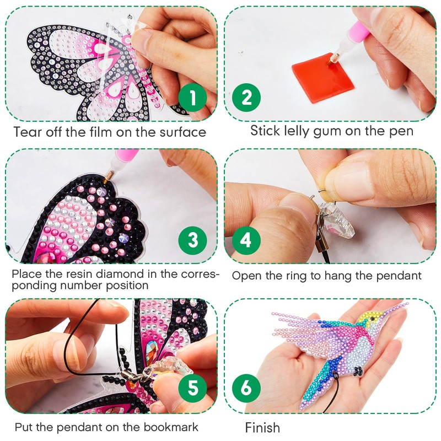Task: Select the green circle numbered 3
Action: point(192,240)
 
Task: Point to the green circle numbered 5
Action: point(192,388)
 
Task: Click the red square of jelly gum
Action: point(320,80)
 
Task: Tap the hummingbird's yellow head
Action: point(370,318)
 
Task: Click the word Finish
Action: point(262,427)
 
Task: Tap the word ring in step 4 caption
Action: point(317,275)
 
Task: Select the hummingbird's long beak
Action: point(395,307)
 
